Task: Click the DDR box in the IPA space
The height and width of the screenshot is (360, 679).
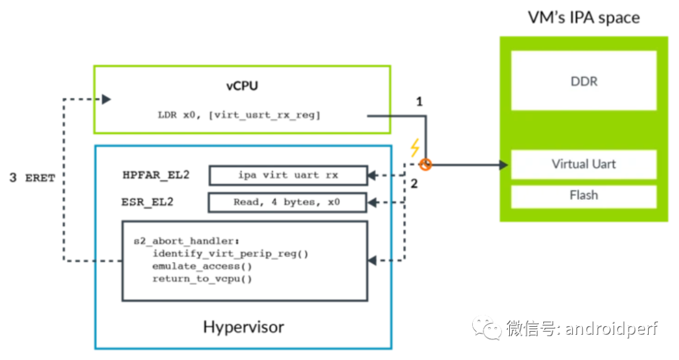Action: pyautogui.click(x=583, y=81)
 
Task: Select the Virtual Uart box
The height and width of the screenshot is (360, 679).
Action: pyautogui.click(x=583, y=164)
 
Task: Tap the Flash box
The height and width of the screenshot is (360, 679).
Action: pyautogui.click(x=583, y=195)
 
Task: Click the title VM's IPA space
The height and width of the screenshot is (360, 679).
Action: pyautogui.click(x=583, y=17)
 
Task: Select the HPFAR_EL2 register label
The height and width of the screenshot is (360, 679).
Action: pyautogui.click(x=156, y=175)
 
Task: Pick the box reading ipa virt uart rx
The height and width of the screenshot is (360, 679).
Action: pyautogui.click(x=288, y=175)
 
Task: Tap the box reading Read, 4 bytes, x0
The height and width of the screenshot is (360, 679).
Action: pyautogui.click(x=288, y=202)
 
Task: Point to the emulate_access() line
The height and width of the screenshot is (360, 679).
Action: pyautogui.click(x=202, y=266)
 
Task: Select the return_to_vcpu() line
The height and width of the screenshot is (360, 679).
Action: pyautogui.click(x=202, y=278)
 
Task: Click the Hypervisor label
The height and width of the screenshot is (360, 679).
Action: pyautogui.click(x=243, y=327)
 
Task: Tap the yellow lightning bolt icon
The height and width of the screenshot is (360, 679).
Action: pyautogui.click(x=414, y=148)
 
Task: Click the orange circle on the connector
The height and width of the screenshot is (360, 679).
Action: pyautogui.click(x=426, y=165)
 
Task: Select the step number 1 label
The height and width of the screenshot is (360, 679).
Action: pyautogui.click(x=419, y=101)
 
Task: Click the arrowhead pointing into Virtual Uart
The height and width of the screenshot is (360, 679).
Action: pyautogui.click(x=504, y=165)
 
